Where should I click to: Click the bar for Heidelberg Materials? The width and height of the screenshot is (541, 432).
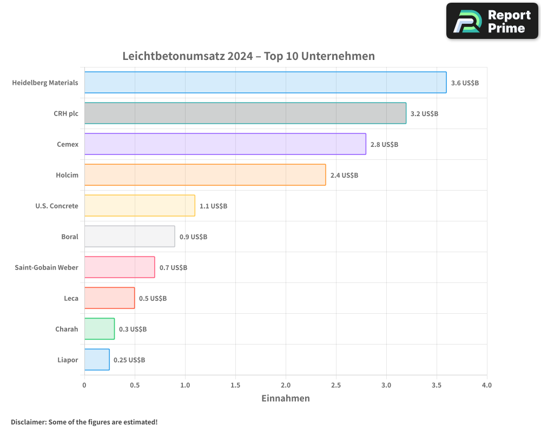click(265, 83)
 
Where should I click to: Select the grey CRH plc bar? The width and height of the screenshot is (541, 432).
click(245, 113)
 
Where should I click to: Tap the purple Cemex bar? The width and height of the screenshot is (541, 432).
click(225, 144)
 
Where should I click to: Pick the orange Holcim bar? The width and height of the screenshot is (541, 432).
click(205, 175)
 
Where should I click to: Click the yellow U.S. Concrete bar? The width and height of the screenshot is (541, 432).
click(140, 206)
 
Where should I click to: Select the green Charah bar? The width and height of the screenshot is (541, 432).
click(100, 329)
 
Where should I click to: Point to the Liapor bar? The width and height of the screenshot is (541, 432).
click(97, 360)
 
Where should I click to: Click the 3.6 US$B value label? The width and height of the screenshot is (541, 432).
click(465, 83)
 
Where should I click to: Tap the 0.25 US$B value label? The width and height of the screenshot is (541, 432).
click(129, 360)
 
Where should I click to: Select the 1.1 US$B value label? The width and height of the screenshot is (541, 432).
click(213, 206)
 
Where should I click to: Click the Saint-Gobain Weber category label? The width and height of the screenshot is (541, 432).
click(47, 267)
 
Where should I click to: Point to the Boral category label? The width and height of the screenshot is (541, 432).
click(70, 237)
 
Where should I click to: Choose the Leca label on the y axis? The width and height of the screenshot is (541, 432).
click(71, 298)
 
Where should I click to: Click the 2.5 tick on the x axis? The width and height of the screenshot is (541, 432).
click(336, 386)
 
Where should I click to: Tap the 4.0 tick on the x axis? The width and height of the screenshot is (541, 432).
click(486, 386)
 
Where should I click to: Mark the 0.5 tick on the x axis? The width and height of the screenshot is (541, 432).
click(135, 386)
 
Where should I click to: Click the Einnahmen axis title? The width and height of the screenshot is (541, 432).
click(286, 399)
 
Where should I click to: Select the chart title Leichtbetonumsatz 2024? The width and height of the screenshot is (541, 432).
click(248, 56)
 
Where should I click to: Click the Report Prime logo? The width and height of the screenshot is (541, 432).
click(492, 21)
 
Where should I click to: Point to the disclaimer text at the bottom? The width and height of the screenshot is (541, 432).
click(84, 422)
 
